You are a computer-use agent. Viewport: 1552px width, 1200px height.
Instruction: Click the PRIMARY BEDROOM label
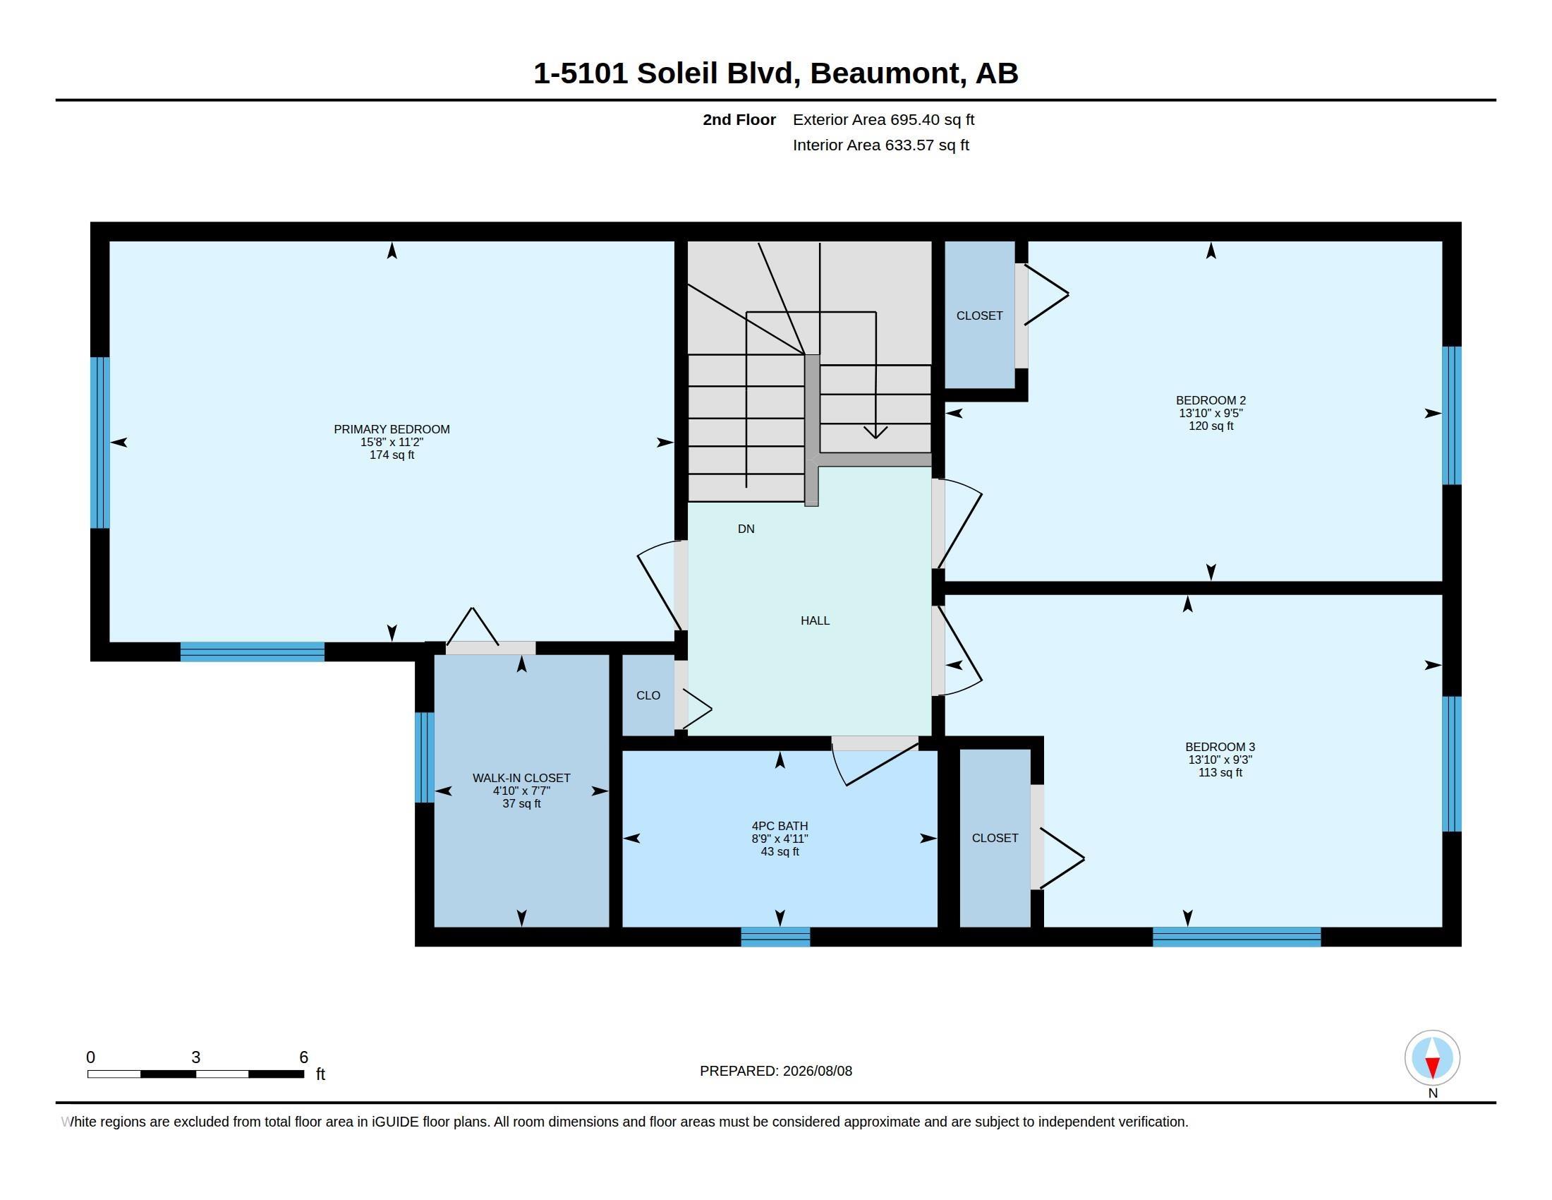tap(392, 429)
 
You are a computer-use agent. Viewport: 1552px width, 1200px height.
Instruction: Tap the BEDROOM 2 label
tap(1211, 400)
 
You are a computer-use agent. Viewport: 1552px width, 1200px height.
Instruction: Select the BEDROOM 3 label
tap(1220, 746)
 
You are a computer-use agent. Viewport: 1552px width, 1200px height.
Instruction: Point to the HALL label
tap(815, 620)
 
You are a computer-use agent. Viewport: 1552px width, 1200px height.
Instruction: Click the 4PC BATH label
tap(780, 826)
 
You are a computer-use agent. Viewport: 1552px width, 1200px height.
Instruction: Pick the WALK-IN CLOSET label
tap(521, 778)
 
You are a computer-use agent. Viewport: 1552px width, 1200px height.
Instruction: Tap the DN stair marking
tap(746, 529)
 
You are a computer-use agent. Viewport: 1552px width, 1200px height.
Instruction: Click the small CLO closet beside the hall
tap(648, 695)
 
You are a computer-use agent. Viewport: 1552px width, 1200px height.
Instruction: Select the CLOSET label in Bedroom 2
tap(979, 316)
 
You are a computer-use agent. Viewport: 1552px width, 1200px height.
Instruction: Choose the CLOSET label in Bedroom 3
tap(995, 838)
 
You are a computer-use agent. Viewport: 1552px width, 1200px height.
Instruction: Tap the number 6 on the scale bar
tap(303, 1057)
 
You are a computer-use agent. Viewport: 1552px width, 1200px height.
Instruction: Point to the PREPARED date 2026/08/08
tap(817, 1071)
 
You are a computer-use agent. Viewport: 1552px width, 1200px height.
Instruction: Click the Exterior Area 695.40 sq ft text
tap(883, 119)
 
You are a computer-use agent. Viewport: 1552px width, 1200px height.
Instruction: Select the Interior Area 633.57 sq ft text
tap(880, 145)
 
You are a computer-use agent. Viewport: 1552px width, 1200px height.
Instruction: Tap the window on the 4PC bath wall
tap(775, 937)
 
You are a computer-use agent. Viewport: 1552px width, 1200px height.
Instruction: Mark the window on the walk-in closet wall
tap(424, 757)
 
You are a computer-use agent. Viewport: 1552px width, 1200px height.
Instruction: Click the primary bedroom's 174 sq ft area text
tap(392, 455)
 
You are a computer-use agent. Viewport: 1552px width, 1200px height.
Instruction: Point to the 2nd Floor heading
tap(739, 119)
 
